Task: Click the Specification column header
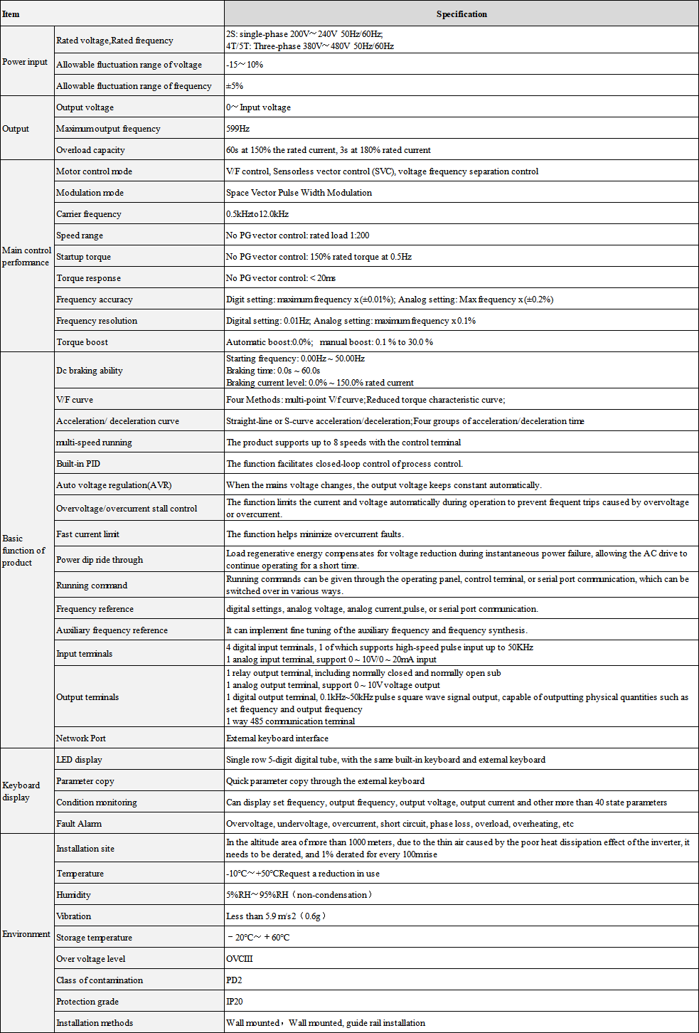pos(461,14)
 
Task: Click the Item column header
pos(11,14)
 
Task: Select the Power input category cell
pos(25,62)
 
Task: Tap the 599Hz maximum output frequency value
pos(238,129)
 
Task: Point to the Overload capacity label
pos(90,150)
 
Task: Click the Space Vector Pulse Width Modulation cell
pos(299,193)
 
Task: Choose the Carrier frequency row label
pos(89,214)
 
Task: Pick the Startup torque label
pos(83,257)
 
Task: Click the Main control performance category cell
pos(26,256)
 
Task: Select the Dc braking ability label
pos(90,371)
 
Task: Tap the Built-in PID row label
pos(78,464)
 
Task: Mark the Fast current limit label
pos(87,534)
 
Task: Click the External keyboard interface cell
pos(277,738)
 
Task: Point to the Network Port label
pos(81,738)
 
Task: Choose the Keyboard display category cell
pos(21,791)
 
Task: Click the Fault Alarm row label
pos(79,824)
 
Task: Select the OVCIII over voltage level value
pos(240,959)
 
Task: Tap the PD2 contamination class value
pos(234,980)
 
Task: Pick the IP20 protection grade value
pos(235,1002)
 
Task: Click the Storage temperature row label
pos(94,938)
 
